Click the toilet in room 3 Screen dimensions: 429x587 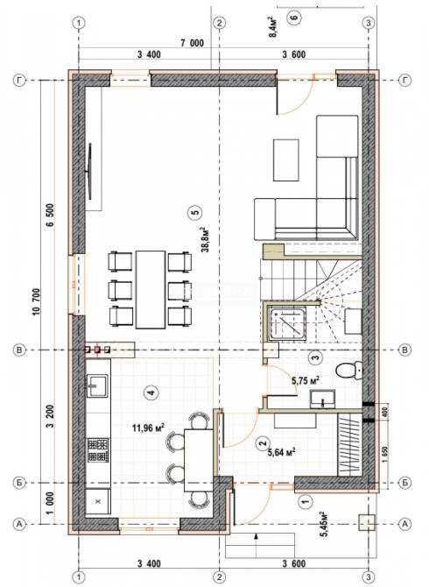coord(349,371)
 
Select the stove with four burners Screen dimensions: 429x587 coord(98,450)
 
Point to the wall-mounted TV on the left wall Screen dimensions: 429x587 coord(90,172)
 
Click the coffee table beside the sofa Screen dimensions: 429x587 coord(286,159)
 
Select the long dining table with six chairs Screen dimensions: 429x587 coord(151,290)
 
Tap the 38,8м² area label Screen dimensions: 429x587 coord(205,239)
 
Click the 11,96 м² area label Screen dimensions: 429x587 coord(149,428)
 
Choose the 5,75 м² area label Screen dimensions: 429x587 coord(306,381)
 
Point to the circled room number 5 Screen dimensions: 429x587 coord(195,212)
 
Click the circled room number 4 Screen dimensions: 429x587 coord(151,393)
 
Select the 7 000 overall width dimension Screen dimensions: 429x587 coord(193,44)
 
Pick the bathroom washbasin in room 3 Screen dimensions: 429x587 coord(322,399)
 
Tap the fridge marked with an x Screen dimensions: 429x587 coord(98,501)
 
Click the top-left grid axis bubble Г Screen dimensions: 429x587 coord(19,81)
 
